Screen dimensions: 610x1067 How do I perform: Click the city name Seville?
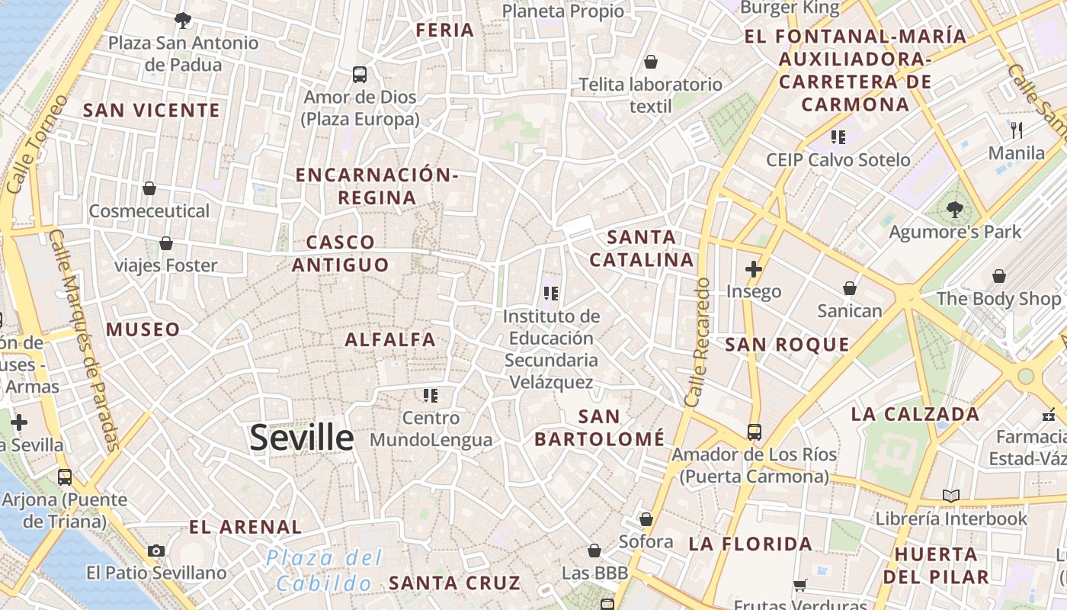(x=302, y=438)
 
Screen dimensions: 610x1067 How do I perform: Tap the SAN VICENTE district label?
(x=151, y=111)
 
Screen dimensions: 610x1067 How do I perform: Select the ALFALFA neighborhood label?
(x=390, y=339)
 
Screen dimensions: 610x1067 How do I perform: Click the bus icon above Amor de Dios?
(x=360, y=75)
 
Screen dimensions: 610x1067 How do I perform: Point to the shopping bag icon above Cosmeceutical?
(x=149, y=188)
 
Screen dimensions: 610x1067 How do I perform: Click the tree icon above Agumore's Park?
(x=954, y=209)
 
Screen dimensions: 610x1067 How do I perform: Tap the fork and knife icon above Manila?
(x=1016, y=130)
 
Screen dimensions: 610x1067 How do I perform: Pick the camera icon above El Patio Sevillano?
(x=156, y=551)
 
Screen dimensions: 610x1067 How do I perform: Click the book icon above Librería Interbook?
(x=950, y=496)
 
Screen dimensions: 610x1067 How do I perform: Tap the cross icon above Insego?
(x=754, y=269)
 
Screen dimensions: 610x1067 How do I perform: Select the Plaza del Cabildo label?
(x=324, y=570)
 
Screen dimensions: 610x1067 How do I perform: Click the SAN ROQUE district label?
(x=787, y=345)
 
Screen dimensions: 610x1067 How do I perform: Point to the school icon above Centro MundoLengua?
(x=431, y=395)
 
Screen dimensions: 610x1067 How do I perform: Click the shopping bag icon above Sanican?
(x=849, y=288)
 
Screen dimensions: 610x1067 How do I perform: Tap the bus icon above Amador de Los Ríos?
(x=754, y=432)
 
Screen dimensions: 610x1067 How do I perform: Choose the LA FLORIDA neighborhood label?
(x=751, y=544)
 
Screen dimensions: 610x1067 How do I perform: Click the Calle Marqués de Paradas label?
(x=84, y=339)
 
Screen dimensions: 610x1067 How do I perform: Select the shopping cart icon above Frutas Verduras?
(x=799, y=586)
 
